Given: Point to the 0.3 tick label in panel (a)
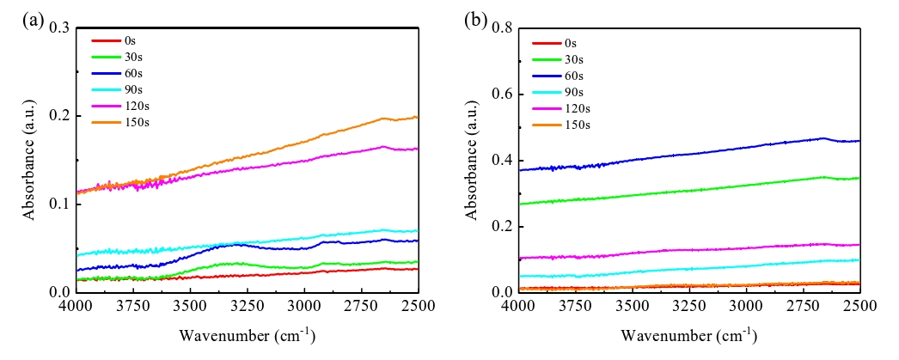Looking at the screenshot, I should [x=58, y=27].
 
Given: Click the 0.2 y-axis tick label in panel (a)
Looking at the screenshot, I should [x=58, y=116].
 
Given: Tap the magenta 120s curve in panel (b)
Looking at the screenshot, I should [x=688, y=250].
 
